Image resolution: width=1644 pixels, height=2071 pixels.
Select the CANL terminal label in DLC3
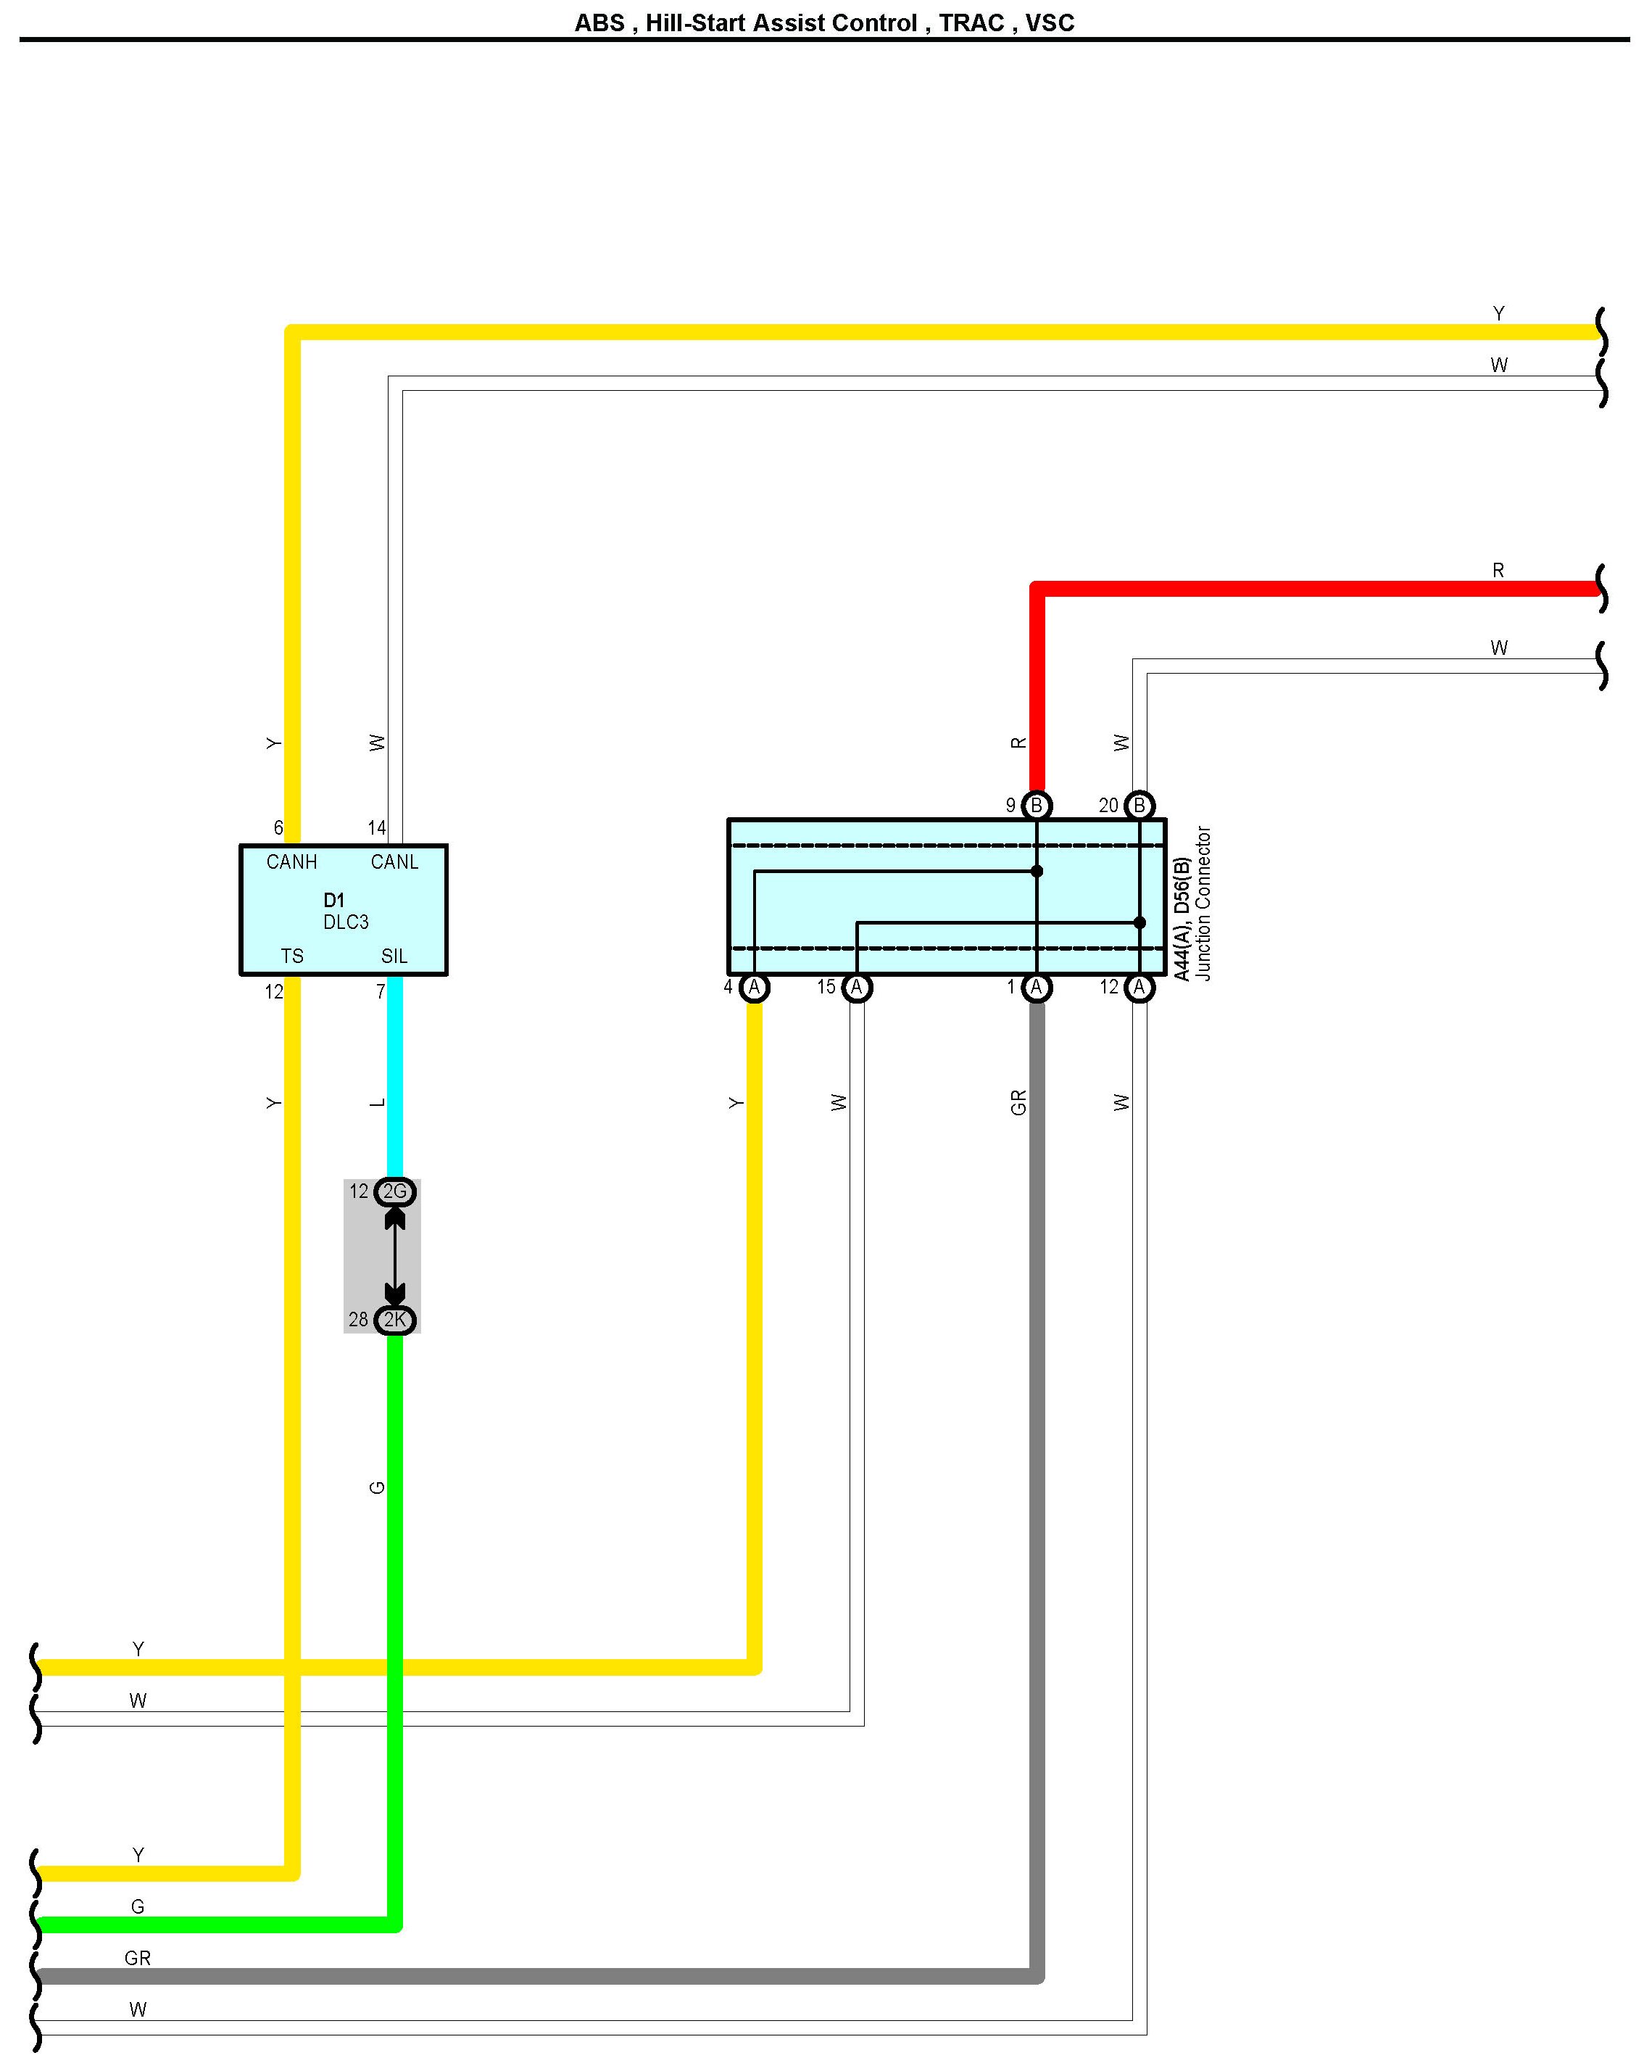pyautogui.click(x=394, y=861)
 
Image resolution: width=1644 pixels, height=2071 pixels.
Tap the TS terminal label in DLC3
pyautogui.click(x=292, y=956)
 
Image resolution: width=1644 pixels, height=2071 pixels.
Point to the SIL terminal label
pyautogui.click(x=394, y=956)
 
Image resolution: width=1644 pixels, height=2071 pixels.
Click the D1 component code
pyautogui.click(x=333, y=900)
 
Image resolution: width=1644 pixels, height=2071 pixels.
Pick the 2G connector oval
pyautogui.click(x=394, y=1191)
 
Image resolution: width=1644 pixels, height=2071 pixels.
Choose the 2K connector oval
pyautogui.click(x=394, y=1320)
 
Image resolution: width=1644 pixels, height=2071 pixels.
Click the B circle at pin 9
pyautogui.click(x=1036, y=805)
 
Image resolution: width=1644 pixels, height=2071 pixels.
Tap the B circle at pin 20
pyautogui.click(x=1139, y=805)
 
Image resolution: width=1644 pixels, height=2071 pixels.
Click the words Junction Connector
pyautogui.click(x=1203, y=903)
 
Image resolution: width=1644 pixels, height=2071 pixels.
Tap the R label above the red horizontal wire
pyautogui.click(x=1498, y=571)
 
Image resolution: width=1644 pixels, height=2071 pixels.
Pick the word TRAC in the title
pyautogui.click(x=970, y=23)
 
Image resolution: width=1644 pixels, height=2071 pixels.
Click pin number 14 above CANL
pyautogui.click(x=376, y=827)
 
